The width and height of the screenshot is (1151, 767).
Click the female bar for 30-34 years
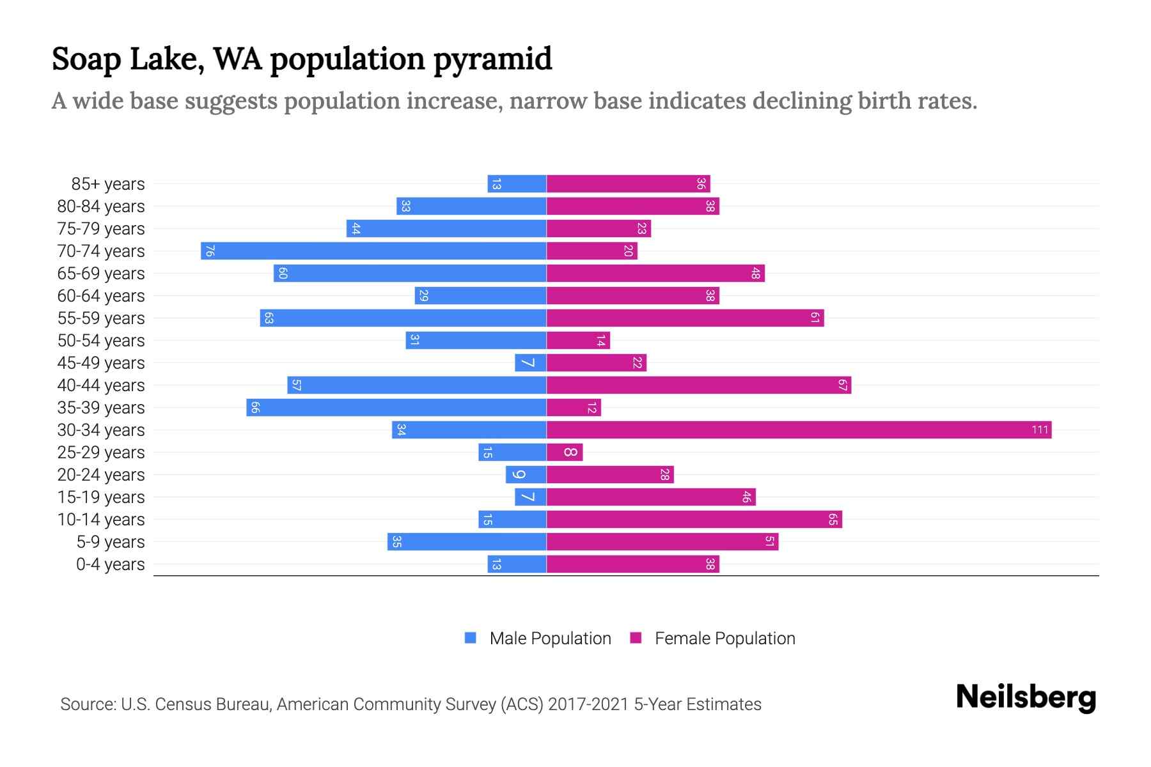point(799,430)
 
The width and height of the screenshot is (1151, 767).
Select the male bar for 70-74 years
point(374,251)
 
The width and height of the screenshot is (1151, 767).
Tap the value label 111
point(1040,430)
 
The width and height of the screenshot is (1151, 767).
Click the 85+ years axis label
point(107,184)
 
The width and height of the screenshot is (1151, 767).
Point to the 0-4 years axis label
point(110,564)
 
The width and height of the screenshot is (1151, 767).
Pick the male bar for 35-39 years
point(396,408)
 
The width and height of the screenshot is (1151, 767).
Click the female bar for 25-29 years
point(565,453)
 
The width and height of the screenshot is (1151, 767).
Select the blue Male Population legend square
point(471,638)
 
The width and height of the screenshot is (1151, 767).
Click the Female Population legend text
point(724,639)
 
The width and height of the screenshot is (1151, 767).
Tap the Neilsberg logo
point(1026,697)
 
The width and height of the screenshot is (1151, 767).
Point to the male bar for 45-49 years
point(531,363)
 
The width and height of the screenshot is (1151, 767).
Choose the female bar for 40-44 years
point(698,385)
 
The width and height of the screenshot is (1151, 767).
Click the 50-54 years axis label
point(101,341)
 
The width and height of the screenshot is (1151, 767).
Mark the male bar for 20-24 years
point(526,475)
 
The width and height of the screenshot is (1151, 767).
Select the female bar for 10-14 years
point(694,520)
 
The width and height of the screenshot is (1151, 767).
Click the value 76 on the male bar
point(209,251)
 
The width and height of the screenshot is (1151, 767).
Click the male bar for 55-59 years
point(403,318)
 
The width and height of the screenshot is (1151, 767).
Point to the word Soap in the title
point(86,59)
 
